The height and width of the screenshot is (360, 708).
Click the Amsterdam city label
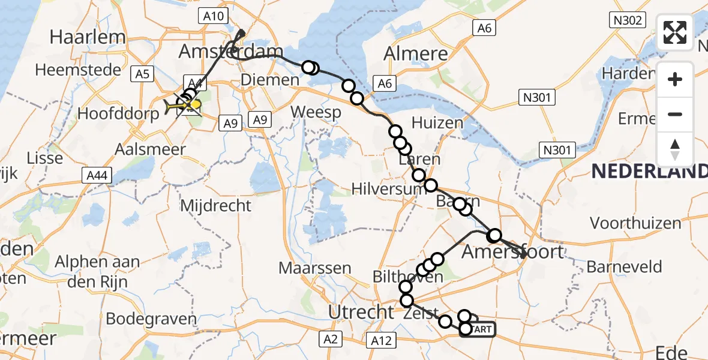[230, 52]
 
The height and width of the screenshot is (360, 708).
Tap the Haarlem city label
[88, 37]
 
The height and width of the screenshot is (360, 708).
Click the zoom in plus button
[675, 79]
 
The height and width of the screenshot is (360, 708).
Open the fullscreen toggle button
[675, 32]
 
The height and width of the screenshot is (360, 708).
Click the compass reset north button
[675, 149]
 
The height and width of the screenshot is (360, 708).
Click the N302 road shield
[628, 20]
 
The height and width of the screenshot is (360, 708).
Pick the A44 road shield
[97, 175]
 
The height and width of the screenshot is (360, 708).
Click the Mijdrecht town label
[215, 206]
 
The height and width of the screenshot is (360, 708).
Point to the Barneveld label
[624, 267]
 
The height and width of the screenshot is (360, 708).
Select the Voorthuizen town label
[635, 224]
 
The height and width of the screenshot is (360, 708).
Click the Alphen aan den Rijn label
[97, 270]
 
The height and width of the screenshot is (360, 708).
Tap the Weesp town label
[316, 112]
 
